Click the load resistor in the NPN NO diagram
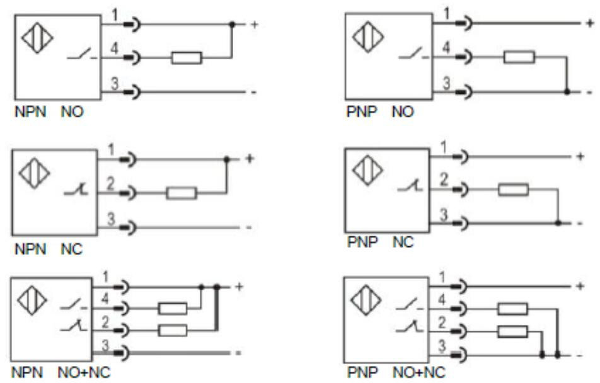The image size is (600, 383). (x=187, y=59)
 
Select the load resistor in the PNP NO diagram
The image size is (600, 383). (x=519, y=58)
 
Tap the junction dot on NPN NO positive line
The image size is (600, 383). (x=232, y=25)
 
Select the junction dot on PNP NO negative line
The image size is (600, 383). (x=567, y=92)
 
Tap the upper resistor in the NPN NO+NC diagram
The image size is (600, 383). (x=172, y=309)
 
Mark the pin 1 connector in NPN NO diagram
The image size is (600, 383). (x=131, y=25)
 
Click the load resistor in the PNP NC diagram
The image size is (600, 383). (x=512, y=190)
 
